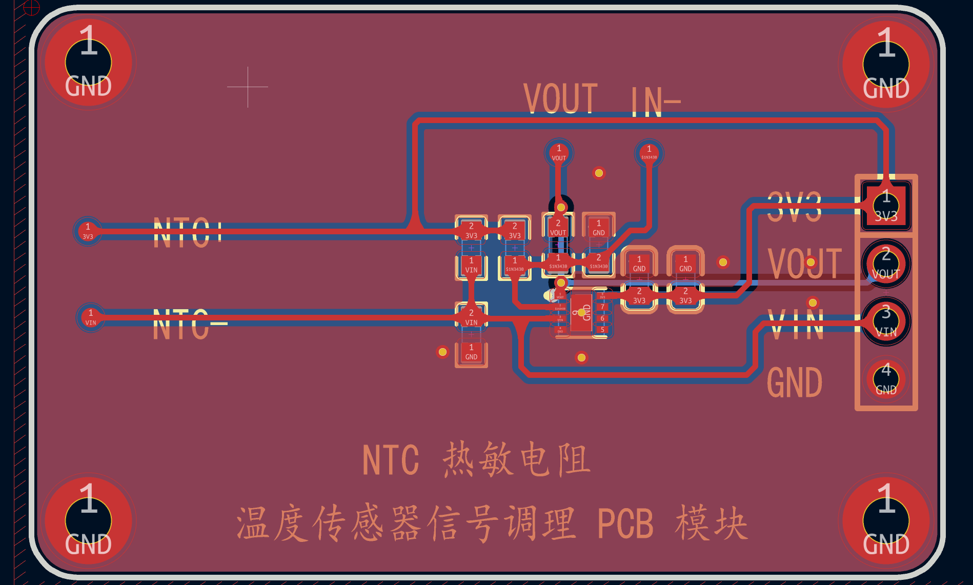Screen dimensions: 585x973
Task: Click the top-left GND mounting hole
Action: pyautogui.click(x=88, y=63)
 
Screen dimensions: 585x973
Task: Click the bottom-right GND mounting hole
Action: pyautogui.click(x=886, y=521)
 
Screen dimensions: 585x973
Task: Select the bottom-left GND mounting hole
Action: pyautogui.click(x=88, y=521)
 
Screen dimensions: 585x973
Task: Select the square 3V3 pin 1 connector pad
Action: pyautogui.click(x=886, y=206)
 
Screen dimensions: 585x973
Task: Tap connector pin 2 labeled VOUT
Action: pyautogui.click(x=886, y=264)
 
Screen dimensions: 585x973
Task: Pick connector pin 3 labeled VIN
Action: pyautogui.click(x=886, y=321)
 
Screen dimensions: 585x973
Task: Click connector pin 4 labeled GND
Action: pyautogui.click(x=886, y=379)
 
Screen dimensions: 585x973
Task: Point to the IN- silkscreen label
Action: pyautogui.click(x=655, y=102)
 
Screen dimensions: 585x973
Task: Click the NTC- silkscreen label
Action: pyautogui.click(x=189, y=324)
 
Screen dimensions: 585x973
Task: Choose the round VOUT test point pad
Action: pyautogui.click(x=559, y=153)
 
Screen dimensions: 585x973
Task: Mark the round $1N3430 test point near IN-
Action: pyautogui.click(x=649, y=153)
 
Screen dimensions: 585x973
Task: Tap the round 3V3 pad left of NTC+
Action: pyautogui.click(x=88, y=231)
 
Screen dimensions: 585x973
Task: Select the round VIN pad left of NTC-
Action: pyautogui.click(x=91, y=317)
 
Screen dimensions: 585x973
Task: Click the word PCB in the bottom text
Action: pyautogui.click(x=625, y=524)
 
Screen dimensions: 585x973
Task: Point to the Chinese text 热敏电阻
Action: pyautogui.click(x=517, y=459)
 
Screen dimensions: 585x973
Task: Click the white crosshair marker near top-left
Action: pyautogui.click(x=248, y=87)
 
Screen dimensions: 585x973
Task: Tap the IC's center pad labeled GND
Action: pyautogui.click(x=581, y=313)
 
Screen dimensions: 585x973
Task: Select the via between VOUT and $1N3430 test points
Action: pyautogui.click(x=599, y=173)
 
